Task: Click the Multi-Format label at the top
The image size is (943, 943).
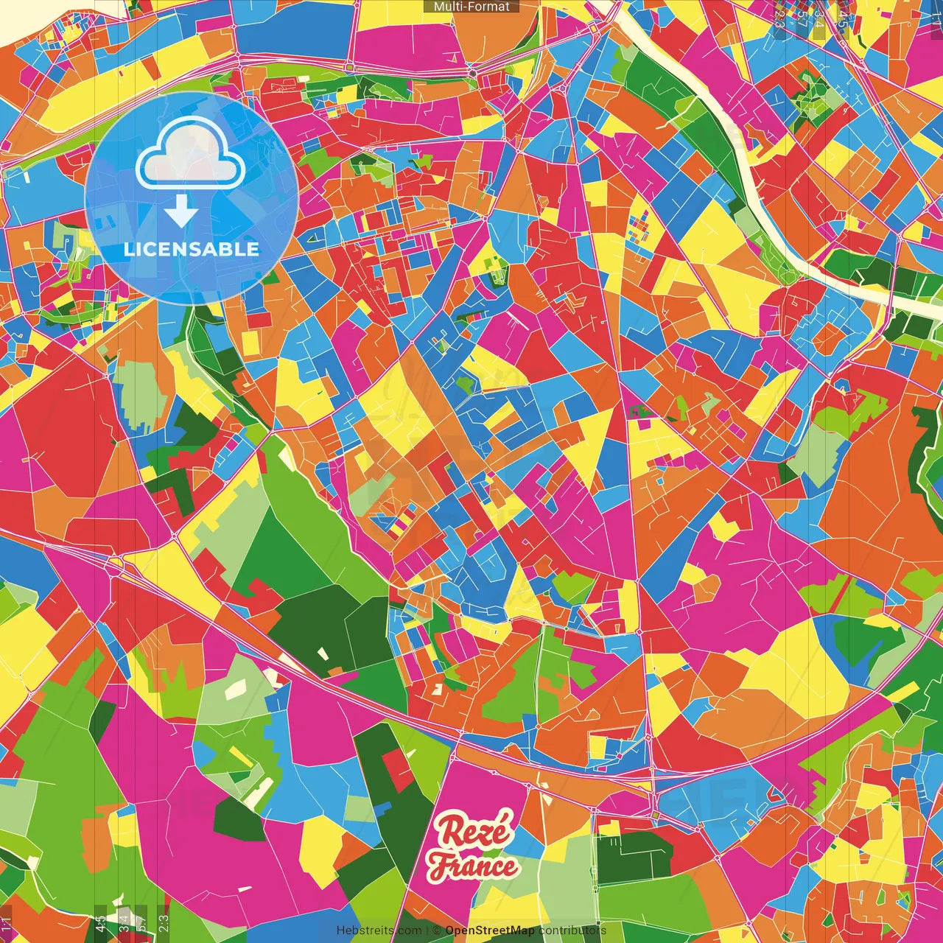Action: pyautogui.click(x=471, y=7)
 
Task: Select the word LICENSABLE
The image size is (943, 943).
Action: pyautogui.click(x=192, y=249)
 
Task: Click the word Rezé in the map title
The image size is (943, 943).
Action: pyautogui.click(x=472, y=831)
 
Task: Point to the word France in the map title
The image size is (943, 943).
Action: pyautogui.click(x=473, y=866)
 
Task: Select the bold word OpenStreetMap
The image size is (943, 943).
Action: pyautogui.click(x=489, y=930)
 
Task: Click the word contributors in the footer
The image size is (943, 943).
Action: pyautogui.click(x=572, y=930)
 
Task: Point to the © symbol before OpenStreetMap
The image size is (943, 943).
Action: pyautogui.click(x=437, y=930)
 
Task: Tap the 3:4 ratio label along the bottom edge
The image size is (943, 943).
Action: pyautogui.click(x=124, y=922)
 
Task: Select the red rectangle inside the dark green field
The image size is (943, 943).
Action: pyautogui.click(x=397, y=770)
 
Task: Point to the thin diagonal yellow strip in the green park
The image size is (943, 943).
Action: pyautogui.click(x=240, y=755)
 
